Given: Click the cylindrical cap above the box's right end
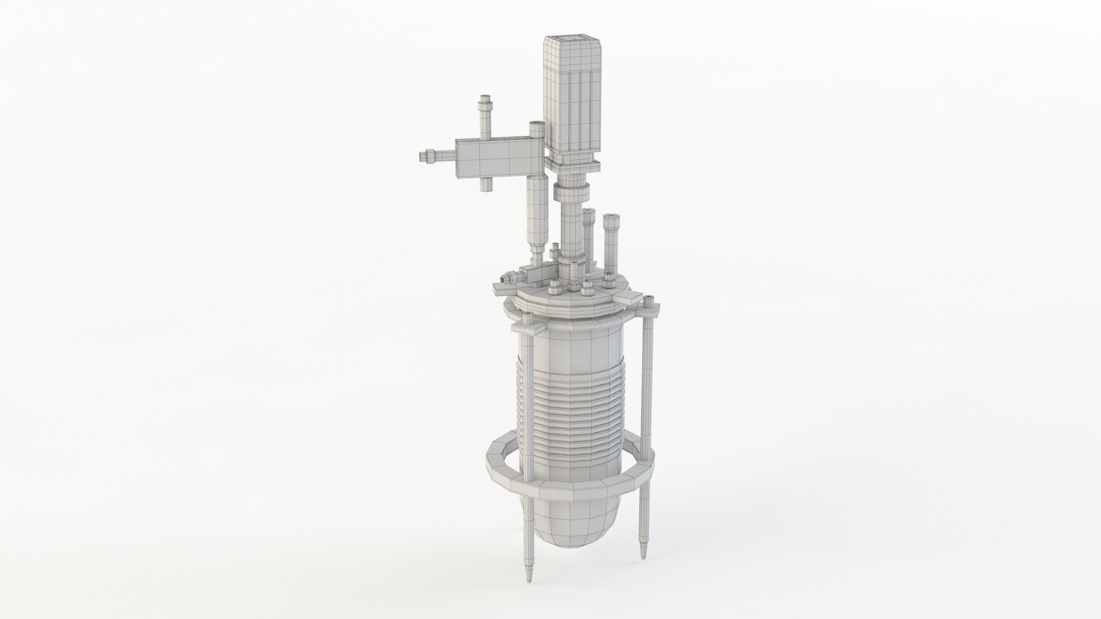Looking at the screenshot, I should tap(134, 130).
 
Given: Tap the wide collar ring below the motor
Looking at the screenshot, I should tap(571, 191).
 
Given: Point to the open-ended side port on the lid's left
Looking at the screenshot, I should tap(505, 279).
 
